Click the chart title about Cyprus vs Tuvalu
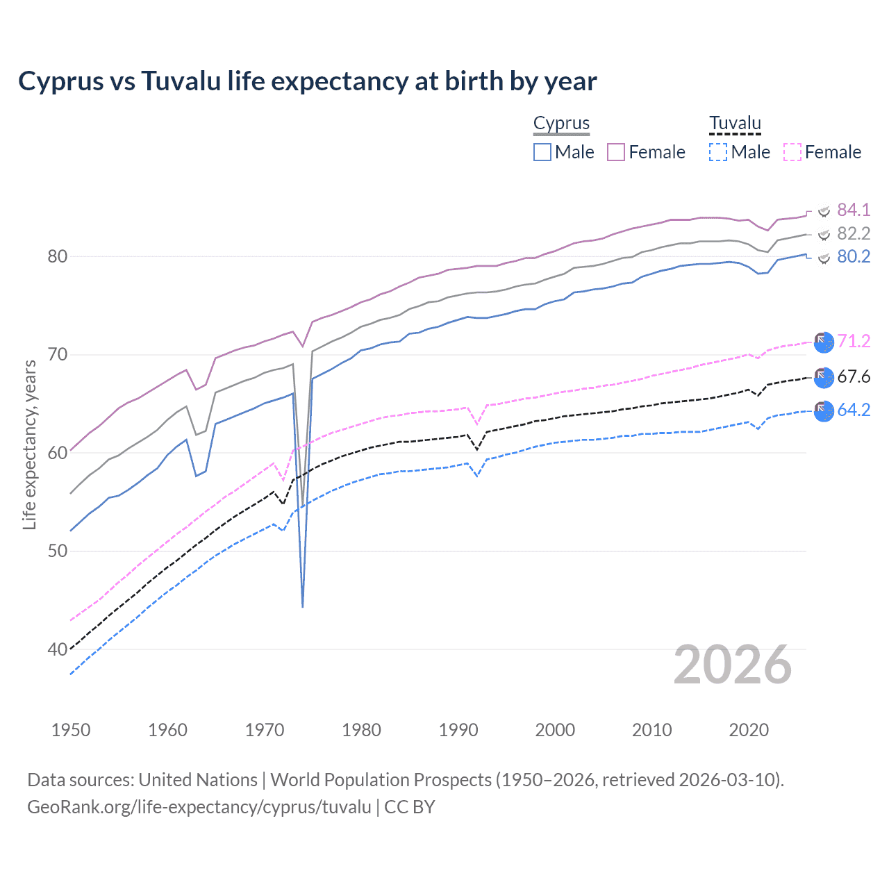coord(307,81)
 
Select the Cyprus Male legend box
coord(542,152)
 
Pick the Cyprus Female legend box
coord(616,152)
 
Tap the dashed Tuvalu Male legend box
coord(718,152)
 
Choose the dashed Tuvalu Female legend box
coord(792,152)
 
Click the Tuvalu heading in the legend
coord(735,124)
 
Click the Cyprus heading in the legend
coord(561,124)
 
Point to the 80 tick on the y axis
coord(57,256)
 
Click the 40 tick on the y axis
coord(57,649)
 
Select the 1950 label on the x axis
coord(71,730)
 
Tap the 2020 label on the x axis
coord(749,730)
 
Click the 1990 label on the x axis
coord(458,730)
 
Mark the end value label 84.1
coord(854,210)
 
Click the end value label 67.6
coord(854,376)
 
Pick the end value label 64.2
coord(854,410)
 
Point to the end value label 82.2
coord(854,233)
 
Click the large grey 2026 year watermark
coord(733,665)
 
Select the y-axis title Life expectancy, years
coord(29,444)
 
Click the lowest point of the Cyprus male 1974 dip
coord(303,606)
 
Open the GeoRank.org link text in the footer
coord(199,807)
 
